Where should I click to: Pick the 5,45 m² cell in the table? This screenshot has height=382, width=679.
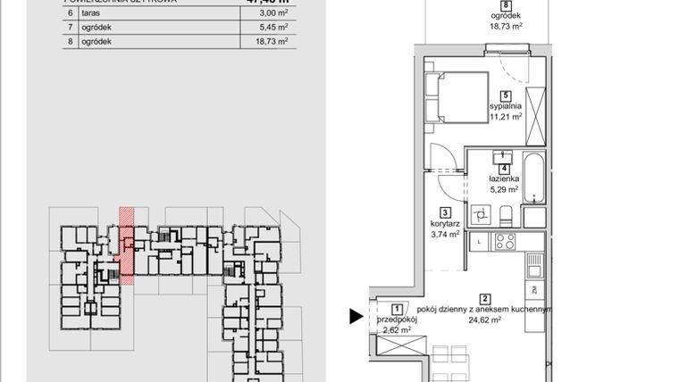tap(271, 29)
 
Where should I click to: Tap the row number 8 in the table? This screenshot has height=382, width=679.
tap(70, 42)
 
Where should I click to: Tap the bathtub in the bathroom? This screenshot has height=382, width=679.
tap(534, 178)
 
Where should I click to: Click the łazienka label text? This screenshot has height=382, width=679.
tap(504, 179)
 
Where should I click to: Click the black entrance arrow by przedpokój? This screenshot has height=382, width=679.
tap(356, 315)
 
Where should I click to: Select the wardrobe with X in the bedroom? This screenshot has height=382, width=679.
tap(534, 117)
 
